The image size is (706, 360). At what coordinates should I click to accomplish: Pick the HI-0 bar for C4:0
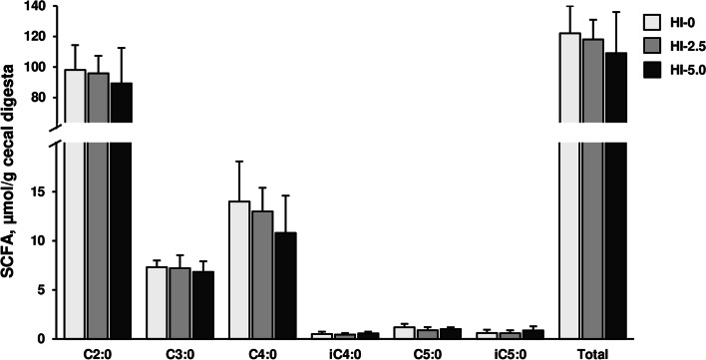point(239,269)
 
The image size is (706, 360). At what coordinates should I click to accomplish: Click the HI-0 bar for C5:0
point(404,333)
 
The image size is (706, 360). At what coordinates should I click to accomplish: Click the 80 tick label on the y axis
point(38,98)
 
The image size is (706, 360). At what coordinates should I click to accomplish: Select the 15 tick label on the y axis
point(40,191)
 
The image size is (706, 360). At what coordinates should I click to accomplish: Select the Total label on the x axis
point(592,352)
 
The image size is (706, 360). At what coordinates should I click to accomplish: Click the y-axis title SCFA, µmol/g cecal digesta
point(13,180)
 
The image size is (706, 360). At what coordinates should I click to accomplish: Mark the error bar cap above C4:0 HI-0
point(239,162)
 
